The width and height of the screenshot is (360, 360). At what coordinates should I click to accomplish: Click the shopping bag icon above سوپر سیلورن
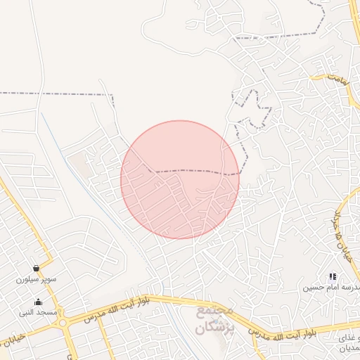36,268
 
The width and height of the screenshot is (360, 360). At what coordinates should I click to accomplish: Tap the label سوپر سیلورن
37,279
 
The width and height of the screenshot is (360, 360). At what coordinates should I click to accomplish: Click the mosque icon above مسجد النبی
38,302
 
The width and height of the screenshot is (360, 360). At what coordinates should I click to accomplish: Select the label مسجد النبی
38,311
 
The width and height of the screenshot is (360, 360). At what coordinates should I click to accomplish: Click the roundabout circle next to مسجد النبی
63,323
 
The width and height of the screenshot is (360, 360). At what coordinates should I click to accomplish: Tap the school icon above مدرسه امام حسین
332,277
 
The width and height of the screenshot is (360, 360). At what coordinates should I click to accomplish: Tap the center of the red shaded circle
180,180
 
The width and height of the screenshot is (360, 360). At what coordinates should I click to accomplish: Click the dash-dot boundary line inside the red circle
190,170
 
